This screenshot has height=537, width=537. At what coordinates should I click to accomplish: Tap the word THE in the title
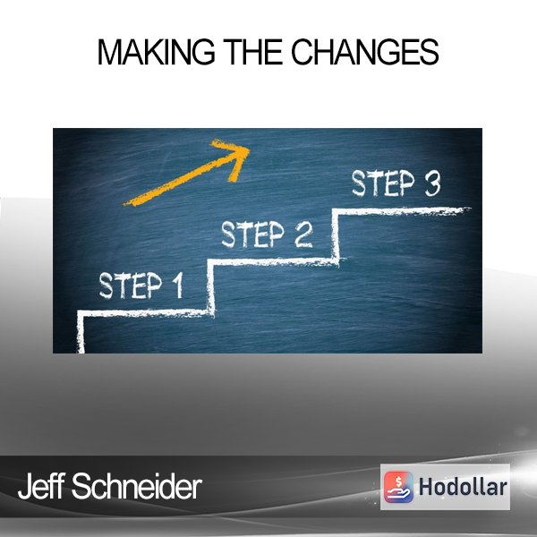pos(253,52)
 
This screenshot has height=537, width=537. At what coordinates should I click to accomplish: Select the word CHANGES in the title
pos(365,52)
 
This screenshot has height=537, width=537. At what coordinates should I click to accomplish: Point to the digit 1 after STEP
pos(177,286)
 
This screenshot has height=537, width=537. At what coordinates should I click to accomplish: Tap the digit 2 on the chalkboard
pos(303,234)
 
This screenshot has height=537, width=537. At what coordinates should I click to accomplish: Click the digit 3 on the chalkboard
pos(432,183)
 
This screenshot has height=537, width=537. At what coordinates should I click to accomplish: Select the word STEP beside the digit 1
pos(131,286)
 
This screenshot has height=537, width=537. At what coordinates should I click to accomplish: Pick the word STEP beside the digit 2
pos(252,234)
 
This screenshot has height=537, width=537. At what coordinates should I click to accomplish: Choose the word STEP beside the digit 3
pos(383,183)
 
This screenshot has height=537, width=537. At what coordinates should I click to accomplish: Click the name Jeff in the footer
pos(41,486)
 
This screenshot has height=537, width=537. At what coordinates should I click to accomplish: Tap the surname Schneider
pos(137,486)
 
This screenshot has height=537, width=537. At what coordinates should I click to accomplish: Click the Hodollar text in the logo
pos(463,487)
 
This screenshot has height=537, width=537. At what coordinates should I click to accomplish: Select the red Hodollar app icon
pos(398,487)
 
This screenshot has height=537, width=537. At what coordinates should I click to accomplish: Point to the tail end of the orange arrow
pos(124,204)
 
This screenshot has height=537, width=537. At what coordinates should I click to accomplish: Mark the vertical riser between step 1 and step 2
pos(210,286)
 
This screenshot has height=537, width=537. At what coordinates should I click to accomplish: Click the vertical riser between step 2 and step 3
pos(336,235)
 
